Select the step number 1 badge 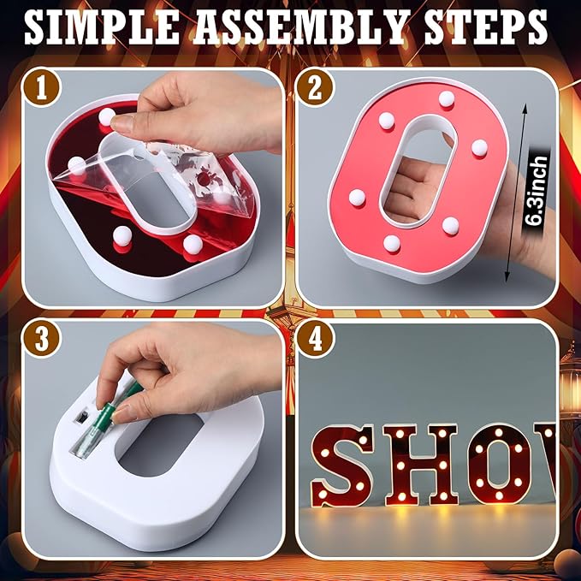point(36,88)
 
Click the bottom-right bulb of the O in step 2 point(449,225)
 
